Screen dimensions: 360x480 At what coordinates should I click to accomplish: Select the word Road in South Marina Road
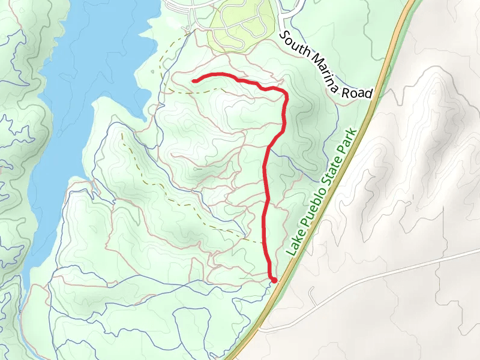[359, 91]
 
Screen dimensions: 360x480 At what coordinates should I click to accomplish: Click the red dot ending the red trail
[274, 280]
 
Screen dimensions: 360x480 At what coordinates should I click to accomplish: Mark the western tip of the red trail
[193, 80]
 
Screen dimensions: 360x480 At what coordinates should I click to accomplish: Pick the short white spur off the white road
[313, 294]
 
